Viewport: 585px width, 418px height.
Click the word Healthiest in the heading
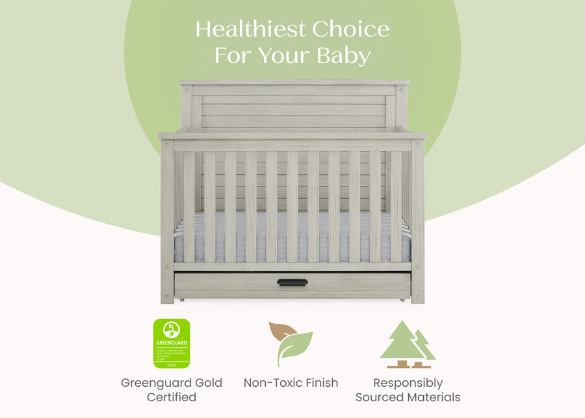(x=251, y=29)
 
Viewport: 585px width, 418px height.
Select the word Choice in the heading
(x=351, y=29)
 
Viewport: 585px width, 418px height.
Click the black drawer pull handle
(x=292, y=282)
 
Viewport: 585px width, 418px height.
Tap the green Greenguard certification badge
(x=171, y=343)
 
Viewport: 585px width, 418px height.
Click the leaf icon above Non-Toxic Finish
(x=291, y=344)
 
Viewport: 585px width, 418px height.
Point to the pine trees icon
(x=408, y=344)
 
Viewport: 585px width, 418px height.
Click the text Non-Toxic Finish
(x=291, y=383)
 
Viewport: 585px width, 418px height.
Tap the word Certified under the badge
(x=171, y=397)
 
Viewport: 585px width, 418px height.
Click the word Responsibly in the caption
(x=408, y=383)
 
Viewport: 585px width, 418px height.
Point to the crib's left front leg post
(x=167, y=221)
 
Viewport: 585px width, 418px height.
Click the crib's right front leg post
(x=417, y=221)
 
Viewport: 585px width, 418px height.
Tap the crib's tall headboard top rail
(x=294, y=83)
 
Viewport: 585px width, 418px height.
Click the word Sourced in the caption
(x=379, y=397)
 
